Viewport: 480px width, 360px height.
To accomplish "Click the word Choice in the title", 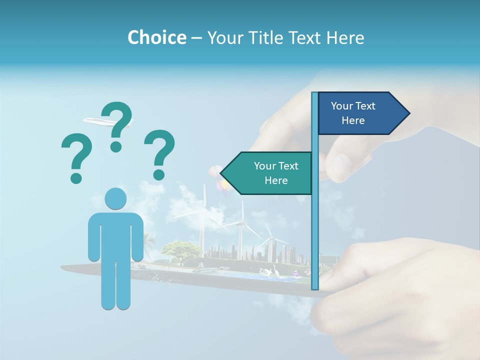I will (156, 37).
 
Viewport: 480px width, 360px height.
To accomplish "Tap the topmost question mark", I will (117, 125).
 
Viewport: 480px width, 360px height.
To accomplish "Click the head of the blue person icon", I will (115, 199).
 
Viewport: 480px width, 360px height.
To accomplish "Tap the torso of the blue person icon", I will (115, 235).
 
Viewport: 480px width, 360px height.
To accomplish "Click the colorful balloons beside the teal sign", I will (220, 180).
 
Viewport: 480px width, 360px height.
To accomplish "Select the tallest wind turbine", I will (204, 215).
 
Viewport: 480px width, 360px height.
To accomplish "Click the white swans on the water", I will (272, 272).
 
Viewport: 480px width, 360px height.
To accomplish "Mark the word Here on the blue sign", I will (353, 120).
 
